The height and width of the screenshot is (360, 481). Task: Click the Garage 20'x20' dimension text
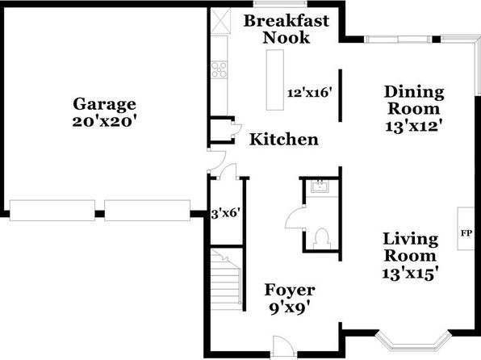click(104, 122)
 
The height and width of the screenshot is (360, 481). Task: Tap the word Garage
click(104, 104)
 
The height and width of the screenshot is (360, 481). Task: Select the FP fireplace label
click(466, 233)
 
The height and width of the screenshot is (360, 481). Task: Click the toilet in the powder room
click(322, 239)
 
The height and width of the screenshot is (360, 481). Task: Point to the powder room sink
click(320, 186)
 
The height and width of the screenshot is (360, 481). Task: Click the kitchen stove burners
click(220, 69)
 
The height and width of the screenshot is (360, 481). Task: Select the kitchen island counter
click(275, 80)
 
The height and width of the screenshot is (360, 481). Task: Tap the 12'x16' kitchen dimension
click(310, 92)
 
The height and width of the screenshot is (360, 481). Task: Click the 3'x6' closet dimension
click(225, 213)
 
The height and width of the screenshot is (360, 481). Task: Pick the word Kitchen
click(284, 140)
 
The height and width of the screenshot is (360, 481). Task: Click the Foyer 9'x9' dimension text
click(290, 308)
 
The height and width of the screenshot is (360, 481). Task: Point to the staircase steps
click(226, 279)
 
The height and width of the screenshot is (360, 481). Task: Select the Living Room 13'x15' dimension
click(410, 274)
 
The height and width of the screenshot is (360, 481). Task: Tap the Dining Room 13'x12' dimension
click(413, 126)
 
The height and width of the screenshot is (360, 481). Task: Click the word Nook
click(287, 38)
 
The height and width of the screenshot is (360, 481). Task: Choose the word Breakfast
click(287, 21)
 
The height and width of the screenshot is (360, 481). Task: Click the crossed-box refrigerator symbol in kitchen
click(220, 21)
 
